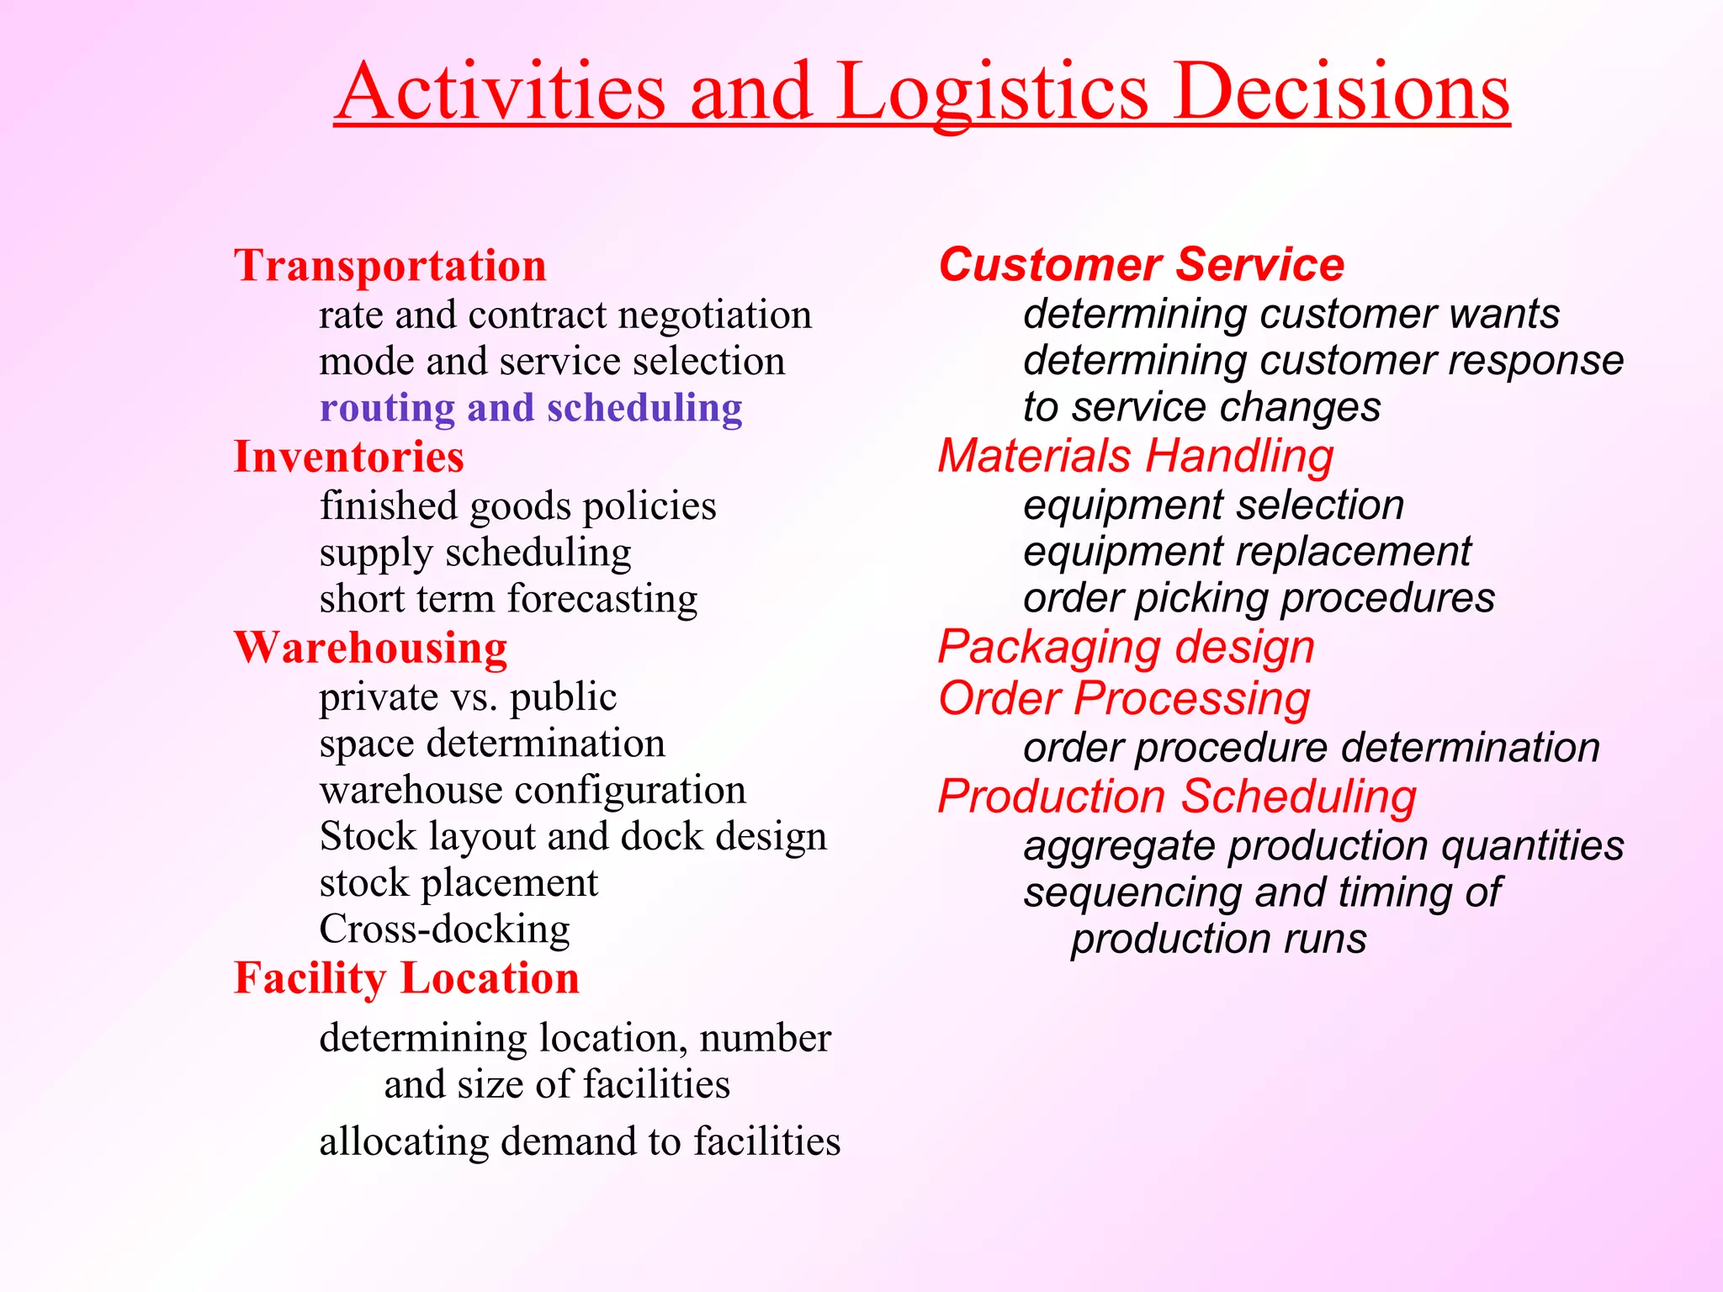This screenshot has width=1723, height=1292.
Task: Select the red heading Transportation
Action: (390, 266)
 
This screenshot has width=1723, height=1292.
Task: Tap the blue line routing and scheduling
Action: (531, 408)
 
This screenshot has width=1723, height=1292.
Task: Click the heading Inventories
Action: (348, 457)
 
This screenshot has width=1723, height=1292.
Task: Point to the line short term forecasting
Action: (508, 599)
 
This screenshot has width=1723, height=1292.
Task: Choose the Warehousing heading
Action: (370, 648)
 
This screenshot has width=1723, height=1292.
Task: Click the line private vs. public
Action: (468, 697)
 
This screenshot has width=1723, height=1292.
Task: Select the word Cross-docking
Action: (444, 929)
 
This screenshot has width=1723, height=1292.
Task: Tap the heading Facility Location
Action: (406, 978)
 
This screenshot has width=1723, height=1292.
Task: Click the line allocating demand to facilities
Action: (580, 1141)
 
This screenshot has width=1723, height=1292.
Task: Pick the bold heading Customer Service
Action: (1141, 265)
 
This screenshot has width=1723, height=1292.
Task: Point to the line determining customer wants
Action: (1291, 314)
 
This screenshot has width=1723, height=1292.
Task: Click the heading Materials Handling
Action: (1136, 456)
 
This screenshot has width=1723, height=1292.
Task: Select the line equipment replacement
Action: (1247, 552)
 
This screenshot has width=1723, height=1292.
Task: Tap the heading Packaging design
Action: (1126, 648)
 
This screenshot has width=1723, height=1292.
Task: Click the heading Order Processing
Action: (1124, 698)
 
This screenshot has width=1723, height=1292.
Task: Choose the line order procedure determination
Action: (1311, 748)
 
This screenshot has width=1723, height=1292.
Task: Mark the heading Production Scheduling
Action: (1176, 796)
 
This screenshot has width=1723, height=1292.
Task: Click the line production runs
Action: (1218, 939)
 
